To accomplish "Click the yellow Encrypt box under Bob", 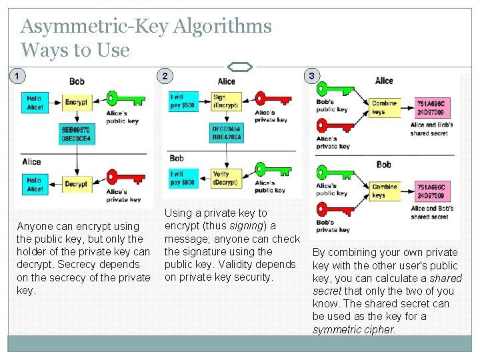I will [x=76, y=103].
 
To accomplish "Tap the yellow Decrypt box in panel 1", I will [x=76, y=184].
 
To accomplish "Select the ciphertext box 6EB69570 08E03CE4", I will [x=76, y=134].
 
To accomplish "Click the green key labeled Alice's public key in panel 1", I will [x=123, y=101].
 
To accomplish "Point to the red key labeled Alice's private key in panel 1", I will [x=123, y=181].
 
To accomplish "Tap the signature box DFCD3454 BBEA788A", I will [x=226, y=133].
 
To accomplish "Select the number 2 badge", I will [x=164, y=76].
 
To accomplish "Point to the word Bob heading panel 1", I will [x=77, y=81].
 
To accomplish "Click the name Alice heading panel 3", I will [x=384, y=81].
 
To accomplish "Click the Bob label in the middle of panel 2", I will [x=177, y=158].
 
